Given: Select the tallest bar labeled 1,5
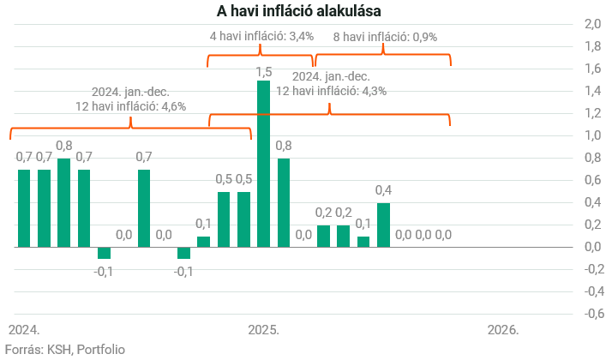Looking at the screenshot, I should (264, 164).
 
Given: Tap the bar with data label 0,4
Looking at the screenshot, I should (383, 225).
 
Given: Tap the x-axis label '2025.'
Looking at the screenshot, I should (264, 330).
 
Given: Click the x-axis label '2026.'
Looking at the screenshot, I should (503, 330).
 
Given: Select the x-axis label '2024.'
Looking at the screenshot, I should (24, 330).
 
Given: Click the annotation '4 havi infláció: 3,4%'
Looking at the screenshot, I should (262, 37).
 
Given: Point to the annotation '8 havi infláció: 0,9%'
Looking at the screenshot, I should (385, 37).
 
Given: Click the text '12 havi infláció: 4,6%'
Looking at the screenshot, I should (131, 106).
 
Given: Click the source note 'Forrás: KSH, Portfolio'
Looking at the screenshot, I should (65, 349).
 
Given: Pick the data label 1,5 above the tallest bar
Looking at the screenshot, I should (264, 72).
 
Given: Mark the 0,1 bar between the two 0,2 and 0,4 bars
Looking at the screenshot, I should (363, 241).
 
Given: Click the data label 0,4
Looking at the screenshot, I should (383, 190).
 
